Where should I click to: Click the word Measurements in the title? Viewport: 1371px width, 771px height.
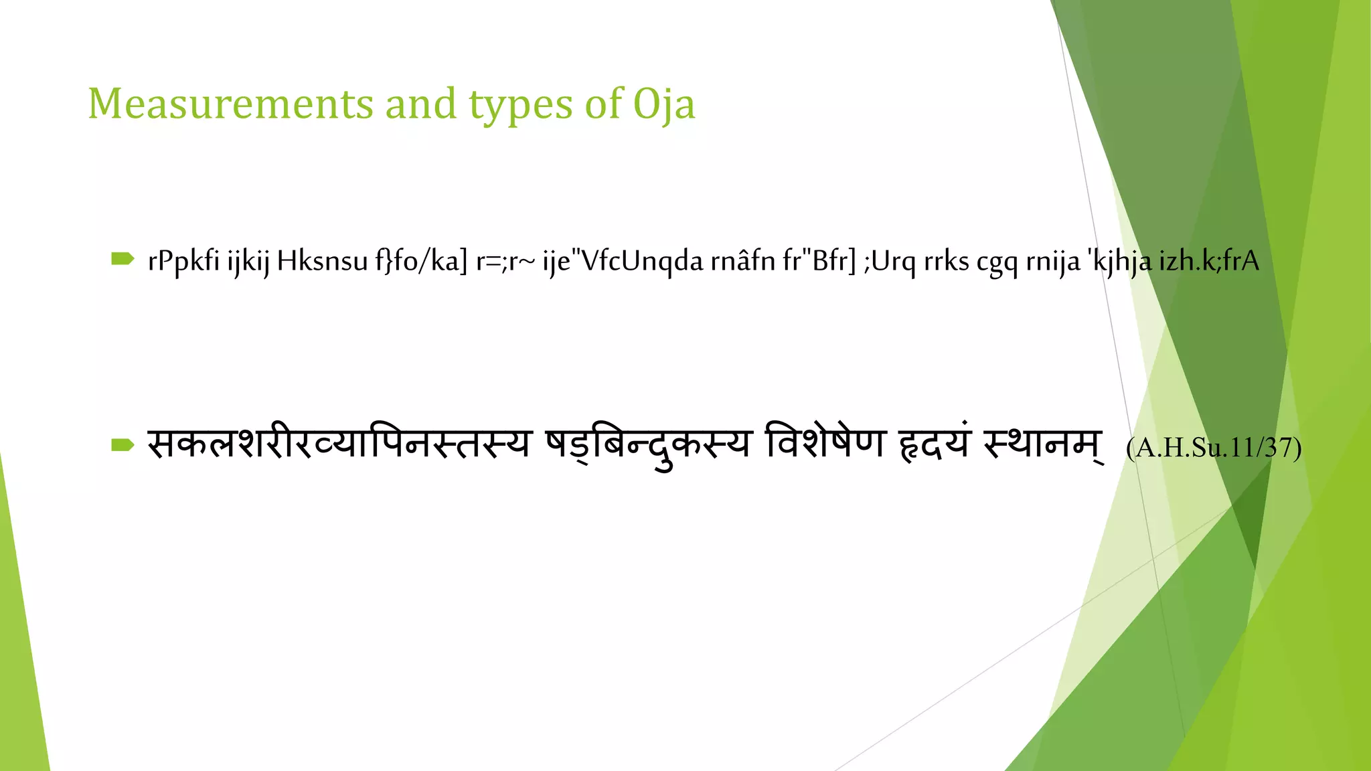pyautogui.click(x=230, y=104)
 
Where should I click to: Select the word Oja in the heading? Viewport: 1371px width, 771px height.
pyautogui.click(x=664, y=106)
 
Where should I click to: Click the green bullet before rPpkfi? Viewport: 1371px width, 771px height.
pyautogui.click(x=123, y=259)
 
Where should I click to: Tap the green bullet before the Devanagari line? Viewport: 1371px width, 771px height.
pyautogui.click(x=123, y=445)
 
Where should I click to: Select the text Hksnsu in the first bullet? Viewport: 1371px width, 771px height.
pyautogui.click(x=322, y=261)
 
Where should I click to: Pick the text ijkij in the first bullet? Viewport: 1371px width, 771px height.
pyautogui.click(x=248, y=261)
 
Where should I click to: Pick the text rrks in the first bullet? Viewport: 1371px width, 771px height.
pyautogui.click(x=946, y=261)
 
